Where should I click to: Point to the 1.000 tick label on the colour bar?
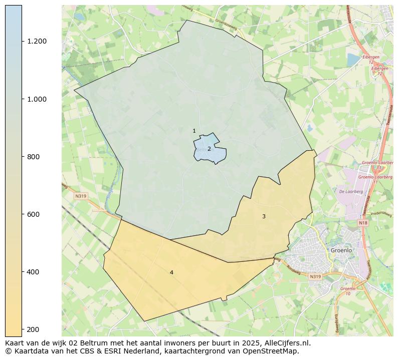point(37,99)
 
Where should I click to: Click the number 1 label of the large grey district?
point(194,131)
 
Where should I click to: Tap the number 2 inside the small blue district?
point(209,149)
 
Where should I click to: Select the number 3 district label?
point(264,216)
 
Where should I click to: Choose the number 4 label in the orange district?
point(171,272)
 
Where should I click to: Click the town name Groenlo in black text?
point(341,250)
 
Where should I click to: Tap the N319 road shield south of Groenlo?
point(315,276)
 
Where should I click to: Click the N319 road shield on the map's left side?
point(81,196)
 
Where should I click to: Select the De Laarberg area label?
point(347,191)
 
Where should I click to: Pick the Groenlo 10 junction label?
point(347,291)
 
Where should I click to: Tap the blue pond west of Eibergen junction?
point(353,60)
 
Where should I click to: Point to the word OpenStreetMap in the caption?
point(270,351)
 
